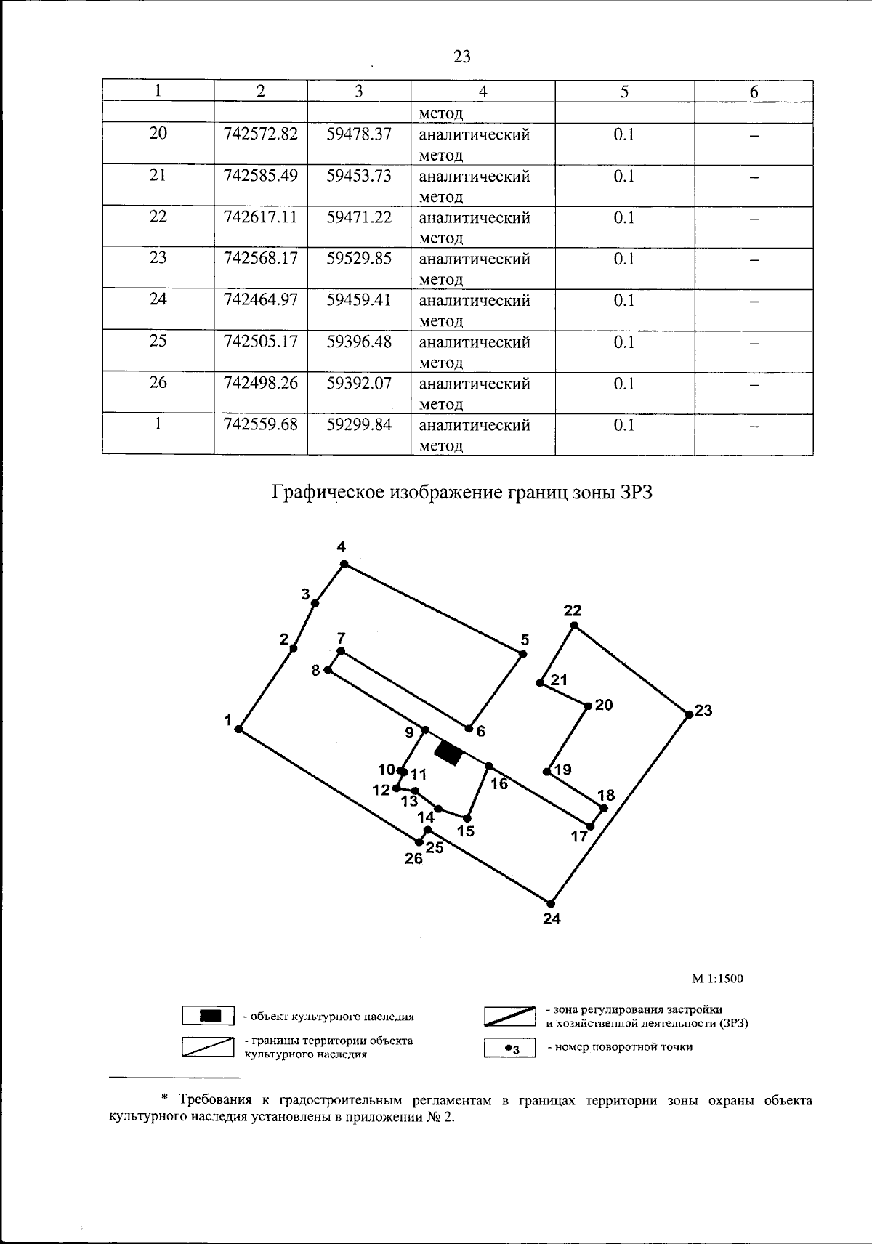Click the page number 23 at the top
click(x=462, y=56)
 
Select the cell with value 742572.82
click(x=261, y=134)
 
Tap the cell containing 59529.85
click(x=359, y=259)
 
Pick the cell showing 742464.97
click(x=261, y=300)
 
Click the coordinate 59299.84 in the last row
click(x=359, y=424)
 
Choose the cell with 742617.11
click(x=261, y=217)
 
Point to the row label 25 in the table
click(x=158, y=342)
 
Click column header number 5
click(x=624, y=92)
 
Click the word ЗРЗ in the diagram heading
click(x=637, y=493)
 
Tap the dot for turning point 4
click(x=344, y=564)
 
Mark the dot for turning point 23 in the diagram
click(x=689, y=715)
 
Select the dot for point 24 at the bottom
click(x=552, y=903)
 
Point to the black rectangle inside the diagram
click(x=448, y=754)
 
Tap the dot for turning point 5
click(x=522, y=654)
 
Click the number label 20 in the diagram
click(x=604, y=705)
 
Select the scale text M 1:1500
click(x=717, y=979)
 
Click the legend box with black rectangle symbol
click(x=209, y=1015)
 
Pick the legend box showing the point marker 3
click(x=510, y=1048)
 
